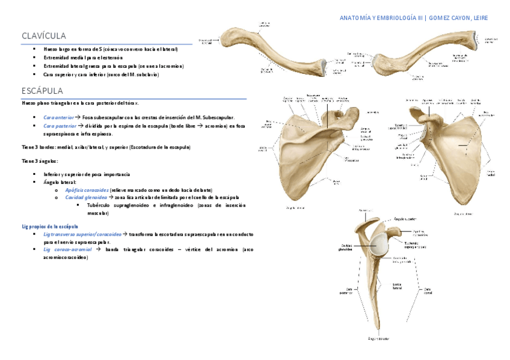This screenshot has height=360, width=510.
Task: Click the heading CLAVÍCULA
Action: point(44,36)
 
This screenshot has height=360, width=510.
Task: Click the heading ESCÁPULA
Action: point(42,91)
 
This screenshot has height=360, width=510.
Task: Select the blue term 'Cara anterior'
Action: point(58,117)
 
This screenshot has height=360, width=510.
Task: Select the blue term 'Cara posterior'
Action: point(60,126)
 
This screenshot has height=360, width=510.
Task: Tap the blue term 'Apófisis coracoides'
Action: point(87,189)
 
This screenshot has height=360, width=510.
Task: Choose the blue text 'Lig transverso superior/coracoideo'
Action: point(82,234)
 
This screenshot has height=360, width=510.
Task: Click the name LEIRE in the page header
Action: point(481,18)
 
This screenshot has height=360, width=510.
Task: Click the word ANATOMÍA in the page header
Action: point(355,18)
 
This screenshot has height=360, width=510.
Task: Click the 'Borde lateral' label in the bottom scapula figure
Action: point(397,286)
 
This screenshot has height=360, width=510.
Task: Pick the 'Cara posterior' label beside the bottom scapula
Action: point(345,290)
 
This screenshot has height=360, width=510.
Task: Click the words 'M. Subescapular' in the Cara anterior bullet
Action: point(217,117)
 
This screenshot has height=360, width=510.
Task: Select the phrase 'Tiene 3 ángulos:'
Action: point(40,161)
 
